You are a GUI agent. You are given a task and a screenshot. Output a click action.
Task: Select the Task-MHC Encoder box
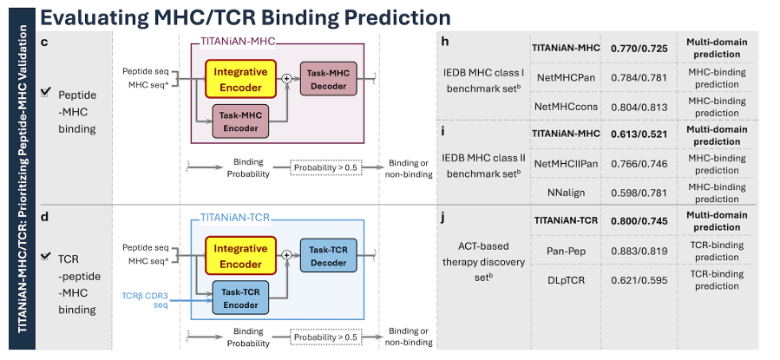coord(240,121)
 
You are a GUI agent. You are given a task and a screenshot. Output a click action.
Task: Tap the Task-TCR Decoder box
coord(328,256)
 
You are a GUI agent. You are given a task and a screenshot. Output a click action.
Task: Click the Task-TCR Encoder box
coord(240,298)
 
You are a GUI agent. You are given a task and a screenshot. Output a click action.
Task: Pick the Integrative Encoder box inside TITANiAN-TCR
coord(240,256)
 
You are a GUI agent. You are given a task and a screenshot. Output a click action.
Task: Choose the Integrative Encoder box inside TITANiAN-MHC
coord(240,79)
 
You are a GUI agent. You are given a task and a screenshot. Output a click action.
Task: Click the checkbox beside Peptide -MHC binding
coord(46,92)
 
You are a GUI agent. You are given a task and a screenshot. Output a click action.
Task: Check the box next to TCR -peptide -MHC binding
coord(46,256)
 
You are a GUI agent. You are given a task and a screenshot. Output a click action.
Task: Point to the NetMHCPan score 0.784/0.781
coord(639,77)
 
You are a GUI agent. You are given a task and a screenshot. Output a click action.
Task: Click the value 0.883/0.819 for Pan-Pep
coord(639,251)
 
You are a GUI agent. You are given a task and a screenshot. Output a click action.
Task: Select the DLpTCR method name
coord(566,280)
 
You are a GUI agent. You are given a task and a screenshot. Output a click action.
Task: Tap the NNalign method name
coord(566,193)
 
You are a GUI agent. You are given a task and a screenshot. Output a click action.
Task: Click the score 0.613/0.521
coord(639,134)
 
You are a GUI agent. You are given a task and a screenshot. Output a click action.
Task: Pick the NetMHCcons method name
coord(566,107)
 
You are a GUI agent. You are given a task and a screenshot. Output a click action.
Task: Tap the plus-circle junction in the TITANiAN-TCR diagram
coord(286,255)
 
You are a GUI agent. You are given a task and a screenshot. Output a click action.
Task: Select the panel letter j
coord(442,219)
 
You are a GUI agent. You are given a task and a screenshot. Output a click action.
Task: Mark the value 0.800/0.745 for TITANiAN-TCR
coord(639,221)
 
